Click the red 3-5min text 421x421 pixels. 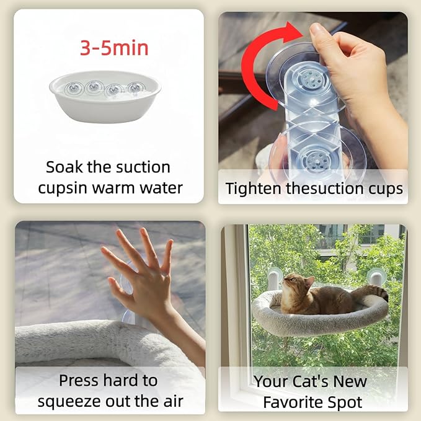pyautogui.click(x=114, y=48)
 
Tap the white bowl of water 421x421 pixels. pyautogui.click(x=105, y=97)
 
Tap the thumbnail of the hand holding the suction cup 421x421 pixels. pyautogui.click(x=313, y=107)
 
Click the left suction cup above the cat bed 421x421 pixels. pyautogui.click(x=275, y=277)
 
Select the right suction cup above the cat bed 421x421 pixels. pyautogui.click(x=376, y=276)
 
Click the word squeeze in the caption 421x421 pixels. pyautogui.click(x=69, y=402)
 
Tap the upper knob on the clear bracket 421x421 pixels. pyautogui.click(x=311, y=78)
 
